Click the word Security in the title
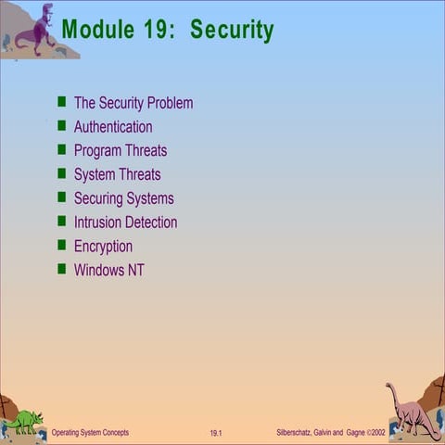[232, 30]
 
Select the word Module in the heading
[98, 30]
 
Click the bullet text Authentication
[113, 127]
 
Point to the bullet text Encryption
[103, 247]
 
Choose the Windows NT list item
[108, 271]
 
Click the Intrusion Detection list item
[125, 222]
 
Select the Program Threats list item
[121, 151]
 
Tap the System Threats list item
[117, 174]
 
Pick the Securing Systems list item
[123, 198]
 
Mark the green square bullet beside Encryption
[62, 246]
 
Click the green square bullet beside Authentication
[62, 126]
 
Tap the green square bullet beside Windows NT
[62, 270]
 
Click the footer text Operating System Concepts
[90, 433]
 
